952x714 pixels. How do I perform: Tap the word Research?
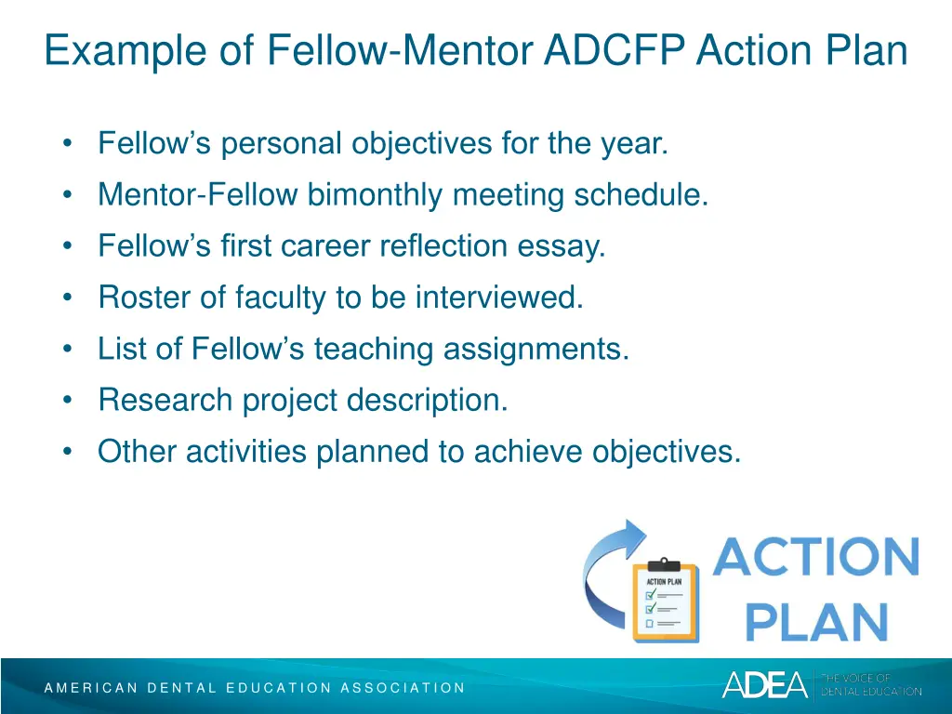166,401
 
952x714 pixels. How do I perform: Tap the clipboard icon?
663,601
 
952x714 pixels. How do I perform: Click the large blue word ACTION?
816,557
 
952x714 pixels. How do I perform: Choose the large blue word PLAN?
816,620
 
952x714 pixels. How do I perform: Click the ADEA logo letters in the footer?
764,684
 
